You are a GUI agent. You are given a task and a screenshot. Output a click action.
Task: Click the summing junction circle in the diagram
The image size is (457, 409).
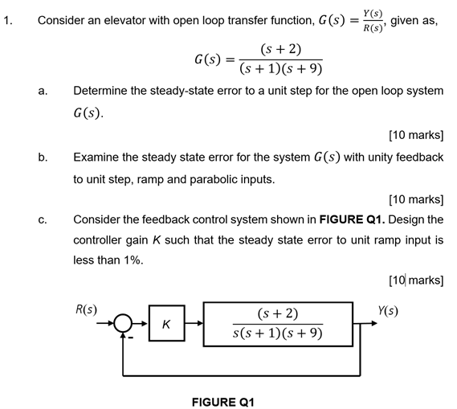click(123, 324)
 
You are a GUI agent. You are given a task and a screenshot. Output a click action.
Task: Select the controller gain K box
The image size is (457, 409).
click(165, 325)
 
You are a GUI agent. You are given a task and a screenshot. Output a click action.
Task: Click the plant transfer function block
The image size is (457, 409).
click(278, 324)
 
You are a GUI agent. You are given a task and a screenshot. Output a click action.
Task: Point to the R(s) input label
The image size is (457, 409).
click(86, 308)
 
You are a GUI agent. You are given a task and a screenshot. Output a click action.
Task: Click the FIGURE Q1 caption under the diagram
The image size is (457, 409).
click(222, 399)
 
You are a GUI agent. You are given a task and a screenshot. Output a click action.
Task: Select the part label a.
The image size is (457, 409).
click(42, 92)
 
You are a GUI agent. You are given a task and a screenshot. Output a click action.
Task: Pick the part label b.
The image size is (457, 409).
click(42, 157)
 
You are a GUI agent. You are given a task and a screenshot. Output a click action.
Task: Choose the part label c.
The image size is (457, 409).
click(42, 219)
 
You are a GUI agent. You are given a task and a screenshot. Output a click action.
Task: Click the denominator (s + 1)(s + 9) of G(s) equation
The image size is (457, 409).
click(275, 69)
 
